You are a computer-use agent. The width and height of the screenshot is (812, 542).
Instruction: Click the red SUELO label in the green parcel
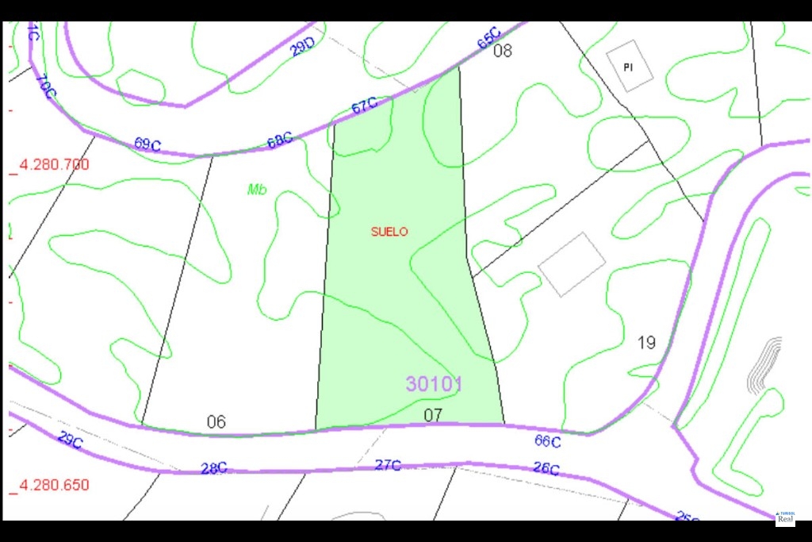coord(389,232)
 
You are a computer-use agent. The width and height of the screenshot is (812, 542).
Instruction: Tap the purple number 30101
coord(434,384)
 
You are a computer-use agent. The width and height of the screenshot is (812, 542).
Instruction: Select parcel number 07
coord(432,414)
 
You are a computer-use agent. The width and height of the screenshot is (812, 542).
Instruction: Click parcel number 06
coord(216,421)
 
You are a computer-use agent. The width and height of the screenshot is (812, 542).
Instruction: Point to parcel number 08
coord(503,52)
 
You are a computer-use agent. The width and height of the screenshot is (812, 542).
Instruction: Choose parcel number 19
coord(646,343)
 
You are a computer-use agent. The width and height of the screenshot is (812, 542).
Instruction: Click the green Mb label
coord(257,190)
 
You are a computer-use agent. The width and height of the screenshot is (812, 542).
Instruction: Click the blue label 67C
coord(364,106)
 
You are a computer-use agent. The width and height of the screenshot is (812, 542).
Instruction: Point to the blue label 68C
coord(279,141)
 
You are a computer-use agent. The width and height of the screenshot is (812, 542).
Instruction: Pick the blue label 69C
coord(147,144)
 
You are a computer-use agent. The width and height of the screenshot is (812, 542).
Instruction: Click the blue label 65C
coord(489,38)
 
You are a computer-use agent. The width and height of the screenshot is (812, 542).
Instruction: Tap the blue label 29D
coord(302,48)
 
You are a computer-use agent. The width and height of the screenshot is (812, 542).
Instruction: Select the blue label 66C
coord(547,441)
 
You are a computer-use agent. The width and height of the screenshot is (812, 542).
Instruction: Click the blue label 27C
coord(387,465)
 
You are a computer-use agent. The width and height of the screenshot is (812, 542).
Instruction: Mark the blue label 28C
coord(213,468)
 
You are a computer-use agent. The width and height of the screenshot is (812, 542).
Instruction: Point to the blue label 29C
coord(70,440)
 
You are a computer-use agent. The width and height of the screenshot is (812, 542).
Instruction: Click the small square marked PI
coord(629,66)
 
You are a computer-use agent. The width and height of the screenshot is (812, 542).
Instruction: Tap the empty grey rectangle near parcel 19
coord(572,264)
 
